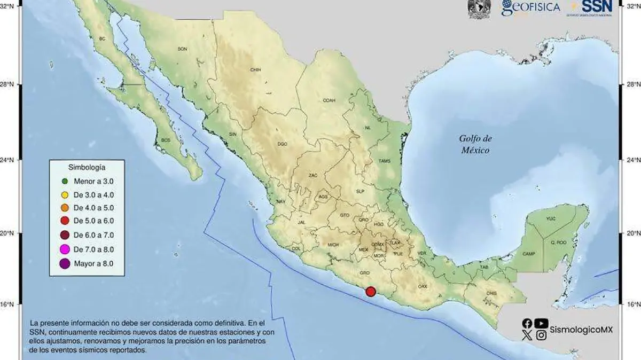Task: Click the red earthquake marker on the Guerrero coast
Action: click(371, 291)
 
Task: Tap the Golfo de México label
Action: click(475, 144)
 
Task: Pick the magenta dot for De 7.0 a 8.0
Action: click(64, 249)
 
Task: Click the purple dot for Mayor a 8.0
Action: click(64, 263)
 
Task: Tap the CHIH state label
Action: click(255, 70)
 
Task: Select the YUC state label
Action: click(551, 219)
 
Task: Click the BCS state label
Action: click(165, 140)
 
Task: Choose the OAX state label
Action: click(423, 287)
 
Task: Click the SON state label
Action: click(182, 49)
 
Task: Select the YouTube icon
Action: click(541, 323)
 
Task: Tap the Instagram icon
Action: click(541, 335)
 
